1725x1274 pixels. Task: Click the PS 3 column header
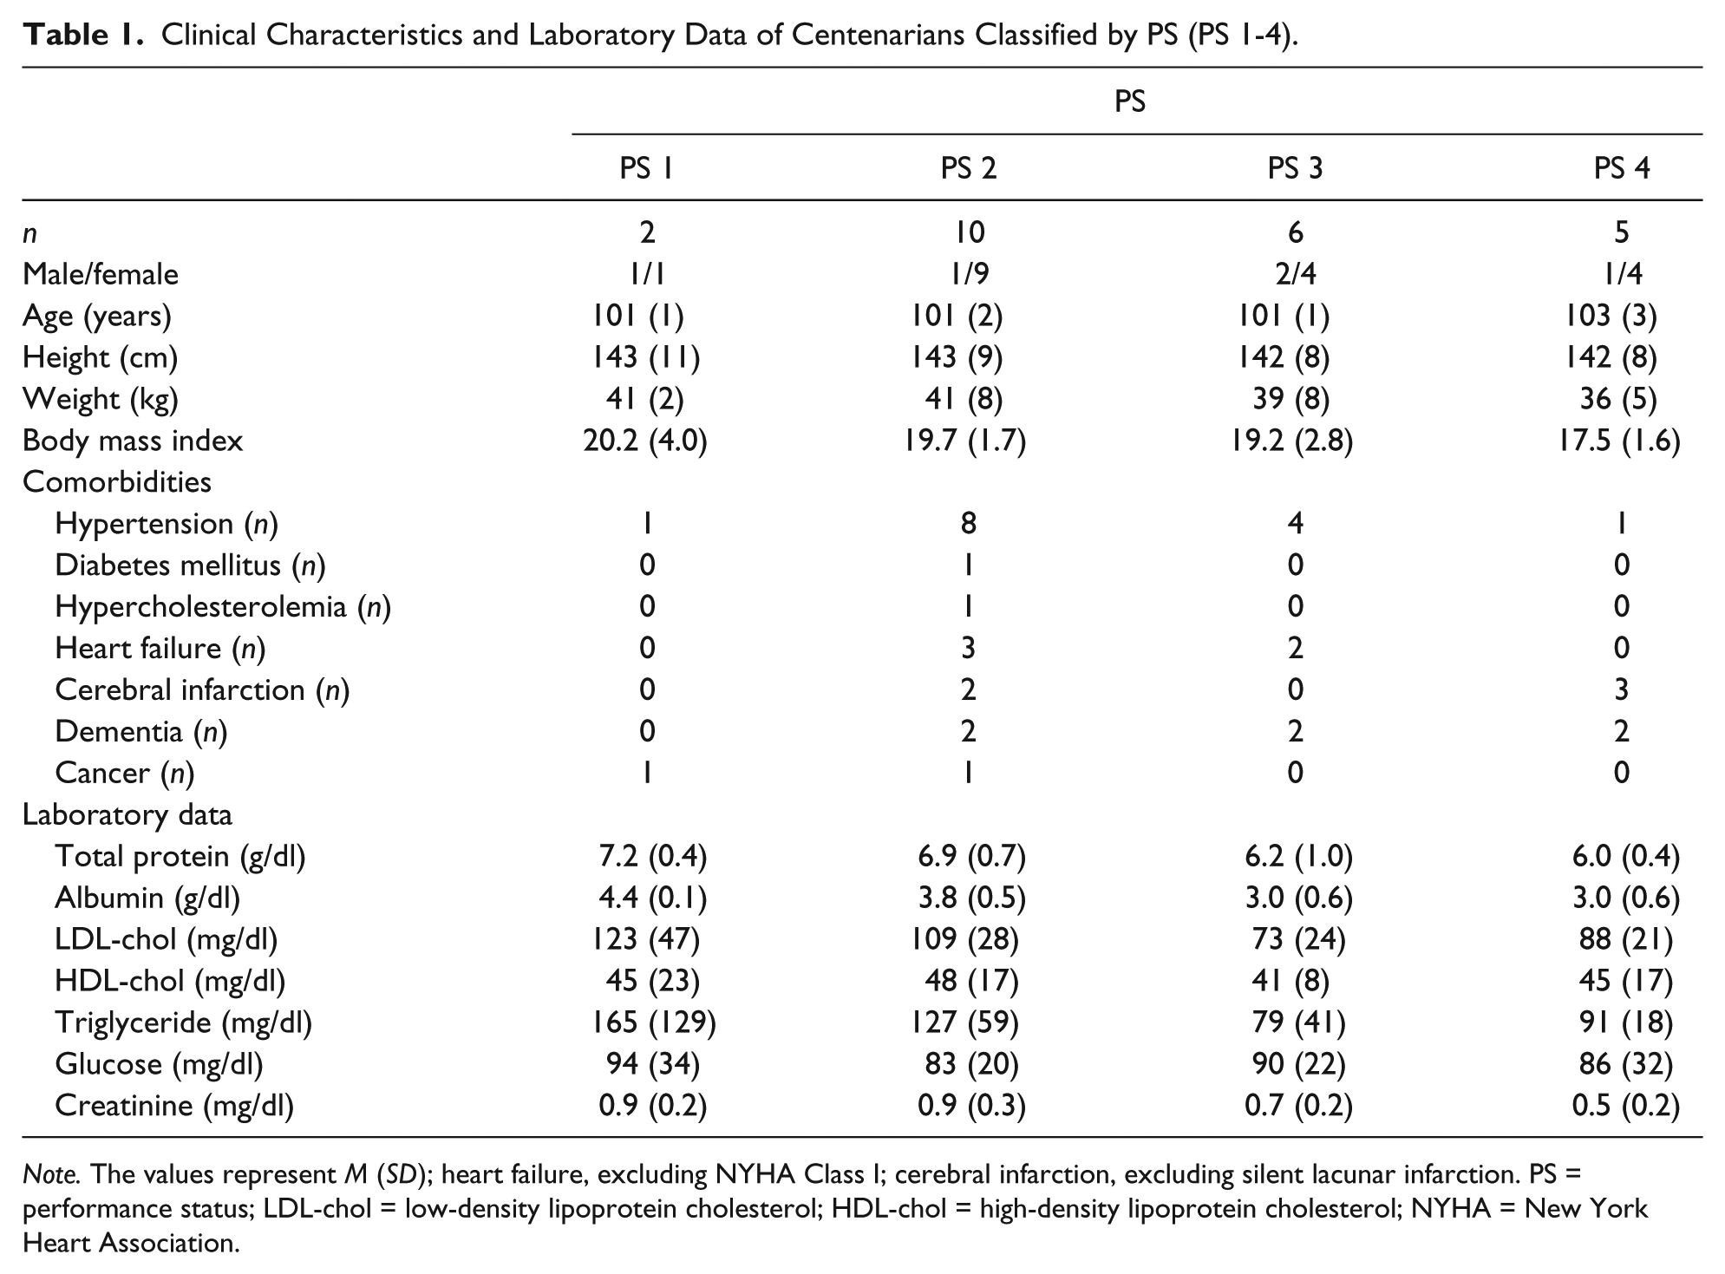coord(1295,167)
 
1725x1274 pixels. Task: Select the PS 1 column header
coord(646,167)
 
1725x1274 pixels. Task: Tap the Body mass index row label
coord(133,441)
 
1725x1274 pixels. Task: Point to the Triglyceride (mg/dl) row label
coord(183,1022)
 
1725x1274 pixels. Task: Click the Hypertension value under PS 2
coord(969,523)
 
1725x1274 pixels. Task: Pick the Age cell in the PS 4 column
coord(1621,316)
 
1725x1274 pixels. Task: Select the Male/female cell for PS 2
coord(969,274)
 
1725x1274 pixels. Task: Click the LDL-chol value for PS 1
coord(646,939)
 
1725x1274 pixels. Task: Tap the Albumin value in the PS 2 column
coord(971,898)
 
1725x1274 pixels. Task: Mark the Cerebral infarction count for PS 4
coord(1621,689)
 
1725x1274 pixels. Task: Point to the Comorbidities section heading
coord(117,481)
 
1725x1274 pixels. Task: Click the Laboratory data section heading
coord(127,814)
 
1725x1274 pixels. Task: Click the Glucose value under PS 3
coord(1298,1064)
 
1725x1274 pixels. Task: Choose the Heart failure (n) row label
coord(160,648)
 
